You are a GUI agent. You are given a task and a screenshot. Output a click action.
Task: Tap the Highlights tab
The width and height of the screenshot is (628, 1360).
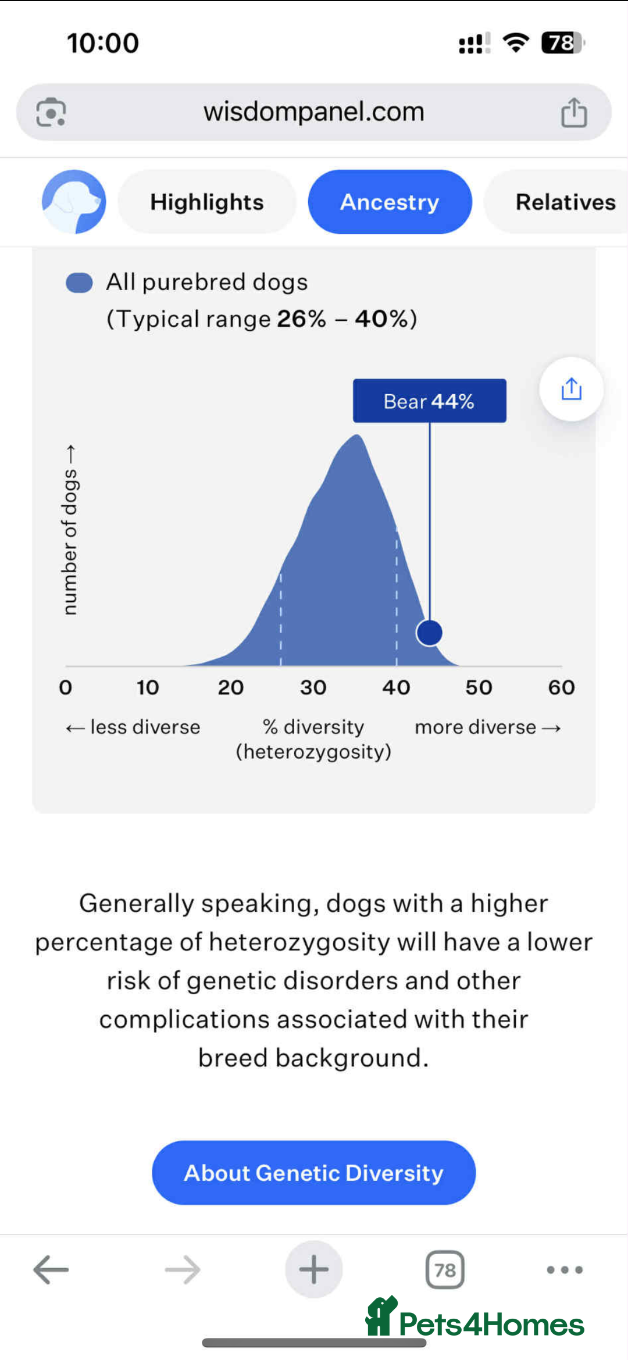tap(206, 202)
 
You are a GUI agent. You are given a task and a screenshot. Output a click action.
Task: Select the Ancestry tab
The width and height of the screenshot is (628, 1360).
tap(390, 202)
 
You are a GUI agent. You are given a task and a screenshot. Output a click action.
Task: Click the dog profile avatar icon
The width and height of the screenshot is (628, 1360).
tap(74, 202)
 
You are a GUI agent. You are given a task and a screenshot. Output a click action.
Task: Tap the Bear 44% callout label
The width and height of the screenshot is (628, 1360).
tap(429, 401)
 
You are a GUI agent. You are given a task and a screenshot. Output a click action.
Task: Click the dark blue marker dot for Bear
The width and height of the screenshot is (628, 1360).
tap(429, 633)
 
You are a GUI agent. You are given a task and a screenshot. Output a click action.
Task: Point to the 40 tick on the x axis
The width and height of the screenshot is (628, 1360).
tap(396, 687)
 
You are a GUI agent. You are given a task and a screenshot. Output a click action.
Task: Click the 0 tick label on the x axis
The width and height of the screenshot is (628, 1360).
tap(66, 687)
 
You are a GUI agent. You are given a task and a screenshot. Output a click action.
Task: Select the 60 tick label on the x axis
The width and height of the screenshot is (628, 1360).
tap(561, 687)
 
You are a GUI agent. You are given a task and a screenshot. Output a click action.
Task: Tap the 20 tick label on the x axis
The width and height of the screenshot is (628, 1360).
tap(231, 687)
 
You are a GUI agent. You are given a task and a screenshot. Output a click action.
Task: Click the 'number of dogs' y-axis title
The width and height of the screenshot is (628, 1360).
tap(70, 530)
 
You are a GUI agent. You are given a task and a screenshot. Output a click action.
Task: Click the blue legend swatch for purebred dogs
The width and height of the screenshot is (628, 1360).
tap(79, 283)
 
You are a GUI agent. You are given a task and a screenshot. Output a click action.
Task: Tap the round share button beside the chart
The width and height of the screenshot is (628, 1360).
tap(571, 389)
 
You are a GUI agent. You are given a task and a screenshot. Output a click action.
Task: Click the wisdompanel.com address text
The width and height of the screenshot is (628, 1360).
tap(314, 111)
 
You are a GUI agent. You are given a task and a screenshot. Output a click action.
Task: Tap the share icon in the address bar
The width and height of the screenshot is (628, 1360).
tap(574, 112)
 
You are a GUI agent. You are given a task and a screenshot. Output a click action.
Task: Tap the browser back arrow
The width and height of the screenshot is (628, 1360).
tap(51, 1269)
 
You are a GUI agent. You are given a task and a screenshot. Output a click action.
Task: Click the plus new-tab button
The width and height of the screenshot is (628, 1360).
tap(314, 1269)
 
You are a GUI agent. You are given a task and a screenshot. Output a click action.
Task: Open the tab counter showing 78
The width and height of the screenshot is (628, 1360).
tap(445, 1269)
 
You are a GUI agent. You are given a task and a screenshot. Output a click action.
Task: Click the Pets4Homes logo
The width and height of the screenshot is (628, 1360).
tap(474, 1318)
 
